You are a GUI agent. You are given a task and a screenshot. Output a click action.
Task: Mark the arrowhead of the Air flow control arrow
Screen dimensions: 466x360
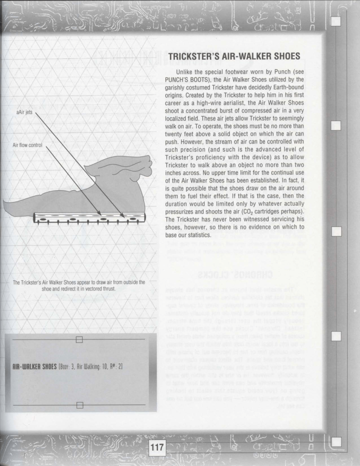99,215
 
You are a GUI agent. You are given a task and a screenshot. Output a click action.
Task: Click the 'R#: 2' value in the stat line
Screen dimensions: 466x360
115,366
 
